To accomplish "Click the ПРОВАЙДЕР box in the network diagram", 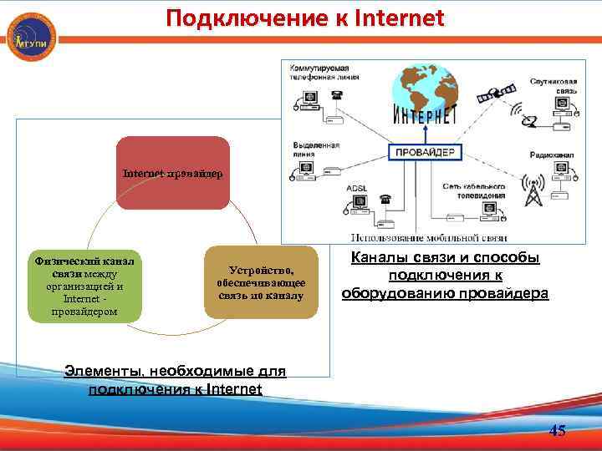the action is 426,153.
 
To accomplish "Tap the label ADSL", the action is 357,188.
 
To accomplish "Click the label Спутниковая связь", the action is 553,85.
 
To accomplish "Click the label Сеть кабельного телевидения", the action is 473,190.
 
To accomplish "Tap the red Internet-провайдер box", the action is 172,173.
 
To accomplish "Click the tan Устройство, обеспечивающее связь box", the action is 262,282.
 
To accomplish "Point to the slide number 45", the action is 557,431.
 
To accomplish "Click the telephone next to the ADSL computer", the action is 385,200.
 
